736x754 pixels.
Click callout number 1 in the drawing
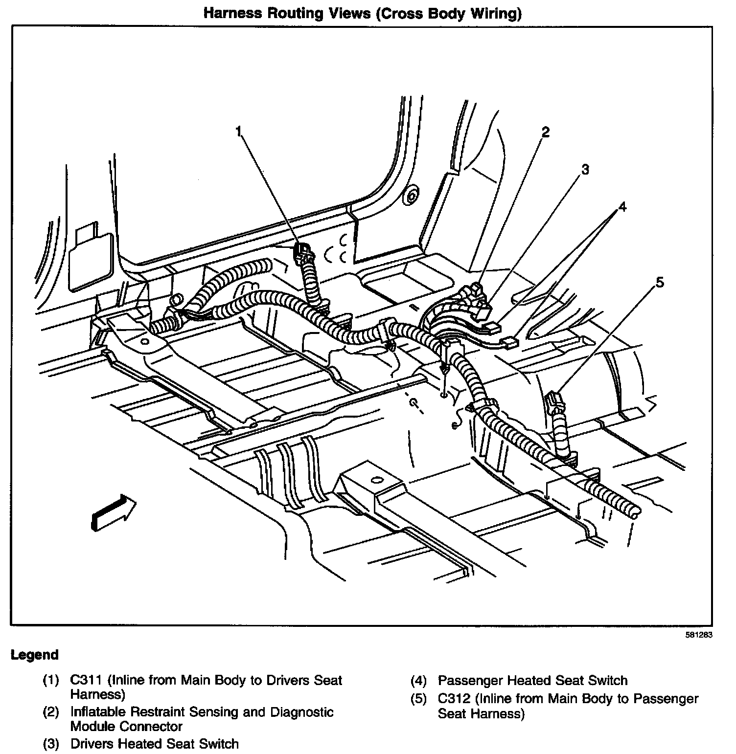coord(239,132)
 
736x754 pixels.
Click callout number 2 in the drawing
coord(545,132)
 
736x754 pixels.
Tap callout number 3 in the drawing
coord(585,170)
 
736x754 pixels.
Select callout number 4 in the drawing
coord(622,207)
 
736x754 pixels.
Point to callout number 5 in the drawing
coord(660,282)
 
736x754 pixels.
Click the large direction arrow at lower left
coord(113,512)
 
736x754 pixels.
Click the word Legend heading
coord(35,655)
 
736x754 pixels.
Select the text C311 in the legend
coord(86,680)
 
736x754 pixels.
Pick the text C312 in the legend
coord(454,699)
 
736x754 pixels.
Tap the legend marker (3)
coord(51,744)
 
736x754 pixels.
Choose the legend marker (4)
coord(419,680)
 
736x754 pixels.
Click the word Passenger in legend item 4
coord(470,680)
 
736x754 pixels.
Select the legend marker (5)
coord(419,699)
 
